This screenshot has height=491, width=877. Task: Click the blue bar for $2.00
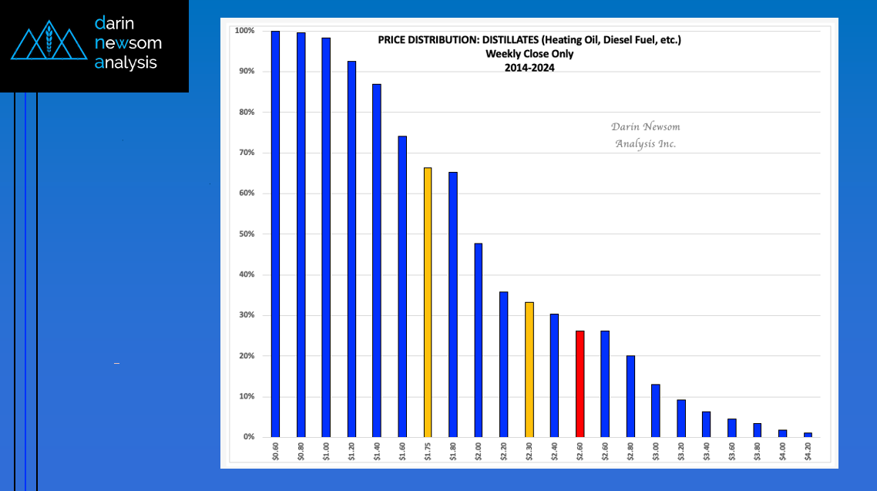click(x=479, y=340)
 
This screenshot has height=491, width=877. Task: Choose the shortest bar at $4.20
click(x=808, y=435)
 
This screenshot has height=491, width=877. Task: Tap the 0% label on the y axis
click(x=248, y=437)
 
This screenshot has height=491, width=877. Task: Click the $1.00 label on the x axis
click(x=326, y=450)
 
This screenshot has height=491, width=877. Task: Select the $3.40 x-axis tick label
click(x=706, y=450)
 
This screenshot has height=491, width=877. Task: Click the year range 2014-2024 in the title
click(x=529, y=67)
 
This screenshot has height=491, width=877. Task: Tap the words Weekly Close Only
click(x=529, y=54)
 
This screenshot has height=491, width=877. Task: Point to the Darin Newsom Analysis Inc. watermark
click(x=645, y=135)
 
